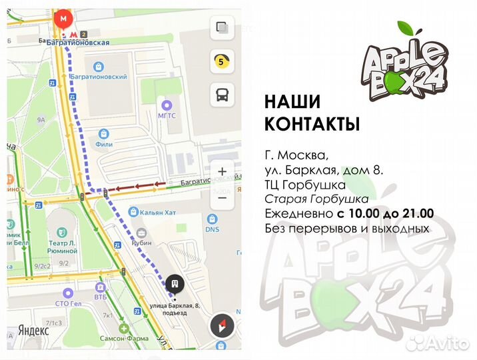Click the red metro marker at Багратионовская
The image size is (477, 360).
64,19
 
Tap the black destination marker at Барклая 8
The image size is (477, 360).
175,283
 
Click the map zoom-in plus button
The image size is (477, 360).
223,171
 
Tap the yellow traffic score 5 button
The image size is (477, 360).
221,61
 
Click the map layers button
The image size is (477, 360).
221,29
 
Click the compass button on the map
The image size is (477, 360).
222,326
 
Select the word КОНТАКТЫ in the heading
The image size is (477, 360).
312,124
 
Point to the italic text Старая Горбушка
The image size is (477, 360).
316,199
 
